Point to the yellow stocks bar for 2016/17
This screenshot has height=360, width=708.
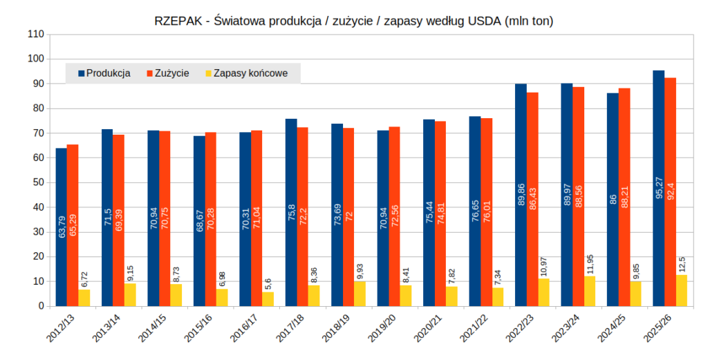pos(268,299)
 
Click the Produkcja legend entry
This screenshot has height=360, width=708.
pos(104,73)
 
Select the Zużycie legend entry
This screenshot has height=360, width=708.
pos(168,73)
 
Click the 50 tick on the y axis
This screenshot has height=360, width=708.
pos(38,182)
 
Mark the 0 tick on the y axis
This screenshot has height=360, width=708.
pos(41,306)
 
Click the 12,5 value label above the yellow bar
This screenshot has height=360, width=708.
pos(681,263)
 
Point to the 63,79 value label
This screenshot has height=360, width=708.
pos(62,227)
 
